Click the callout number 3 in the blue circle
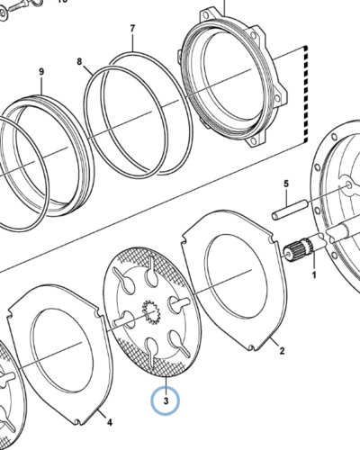(166, 400)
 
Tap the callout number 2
(282, 350)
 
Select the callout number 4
(110, 422)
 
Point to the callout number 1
(314, 274)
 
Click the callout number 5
(286, 184)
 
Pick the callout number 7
(132, 29)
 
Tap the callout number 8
(79, 61)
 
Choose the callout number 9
(41, 72)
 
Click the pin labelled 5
(290, 210)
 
